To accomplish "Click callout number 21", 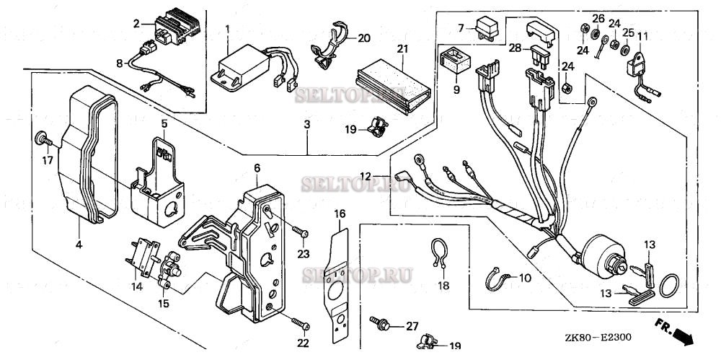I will tap(402, 48).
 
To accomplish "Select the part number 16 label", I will tap(340, 214).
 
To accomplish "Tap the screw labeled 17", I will tap(41, 137).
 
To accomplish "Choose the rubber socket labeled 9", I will tap(454, 58).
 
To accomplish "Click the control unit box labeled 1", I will tap(237, 66).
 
